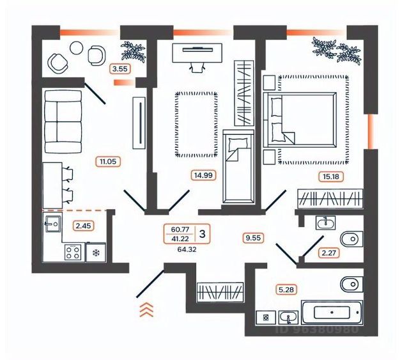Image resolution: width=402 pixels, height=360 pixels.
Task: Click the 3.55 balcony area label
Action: [120, 68]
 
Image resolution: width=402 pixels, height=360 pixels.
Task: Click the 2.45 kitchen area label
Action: [84, 225]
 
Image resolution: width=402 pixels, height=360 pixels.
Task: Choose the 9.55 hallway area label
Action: [254, 238]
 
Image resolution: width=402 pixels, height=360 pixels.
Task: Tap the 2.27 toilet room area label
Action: [329, 253]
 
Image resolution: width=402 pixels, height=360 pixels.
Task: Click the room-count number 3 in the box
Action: [203, 233]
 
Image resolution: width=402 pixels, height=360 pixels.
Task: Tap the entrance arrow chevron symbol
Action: [147, 309]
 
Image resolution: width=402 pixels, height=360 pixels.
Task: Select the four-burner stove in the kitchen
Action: [72, 253]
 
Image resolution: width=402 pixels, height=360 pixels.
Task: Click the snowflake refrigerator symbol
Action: [97, 253]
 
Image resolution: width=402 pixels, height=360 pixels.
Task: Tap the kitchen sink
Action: [52, 224]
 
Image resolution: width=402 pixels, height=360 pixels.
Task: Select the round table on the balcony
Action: [77, 47]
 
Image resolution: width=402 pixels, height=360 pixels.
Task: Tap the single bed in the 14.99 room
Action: [238, 166]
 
